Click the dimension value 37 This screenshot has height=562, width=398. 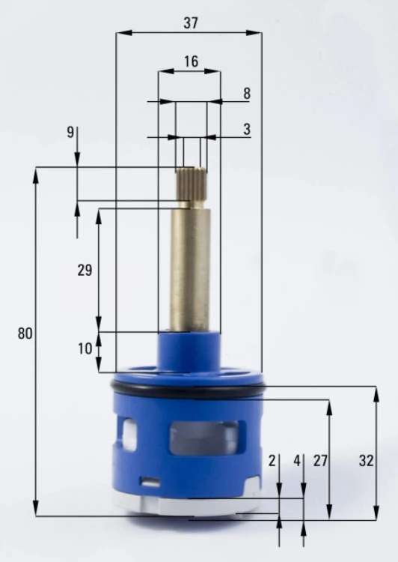coord(191,23)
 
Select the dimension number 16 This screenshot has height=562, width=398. coord(191,61)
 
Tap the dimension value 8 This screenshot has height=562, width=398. coord(247,94)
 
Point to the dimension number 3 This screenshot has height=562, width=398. coord(247,129)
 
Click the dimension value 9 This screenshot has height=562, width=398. coord(70,132)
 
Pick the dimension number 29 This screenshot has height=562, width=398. coord(85,270)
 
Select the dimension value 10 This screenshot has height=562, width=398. coord(85,348)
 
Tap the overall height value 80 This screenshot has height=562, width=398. coord(25,333)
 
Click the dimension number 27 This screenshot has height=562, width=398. coord(320,461)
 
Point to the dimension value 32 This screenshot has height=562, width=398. coord(366,461)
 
